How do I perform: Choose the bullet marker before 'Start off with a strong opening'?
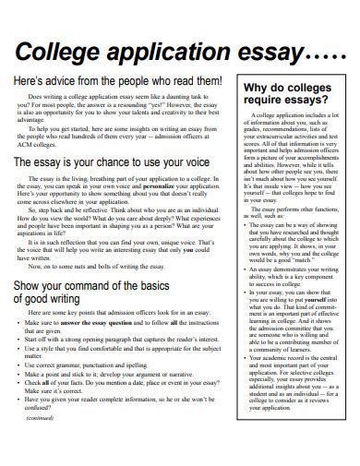tap(19, 340)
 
